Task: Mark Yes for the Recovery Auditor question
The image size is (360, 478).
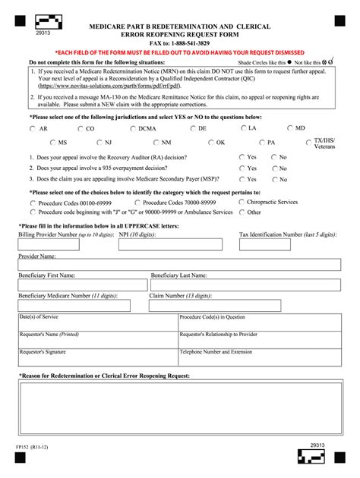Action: point(242,157)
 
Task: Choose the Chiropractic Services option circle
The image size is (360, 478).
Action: point(240,203)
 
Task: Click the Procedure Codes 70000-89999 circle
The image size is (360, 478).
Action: point(137,203)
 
